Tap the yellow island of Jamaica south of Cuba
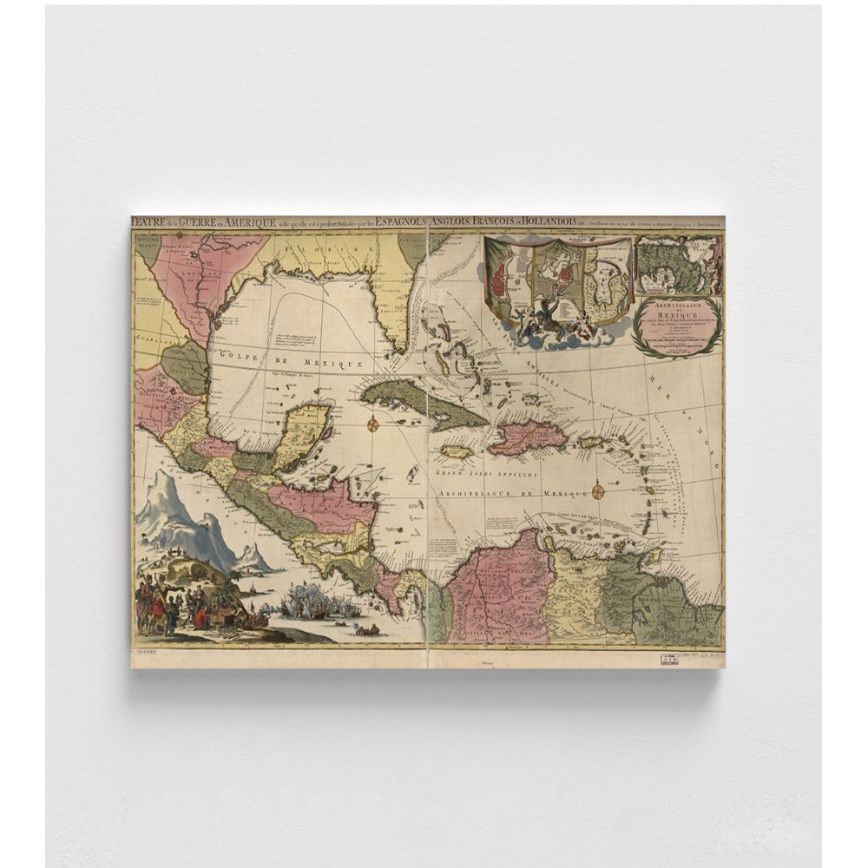(457, 452)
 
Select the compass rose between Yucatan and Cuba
(372, 424)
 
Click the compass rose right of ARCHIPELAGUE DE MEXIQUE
(598, 492)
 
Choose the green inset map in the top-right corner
(678, 266)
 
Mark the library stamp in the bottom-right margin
(669, 658)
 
